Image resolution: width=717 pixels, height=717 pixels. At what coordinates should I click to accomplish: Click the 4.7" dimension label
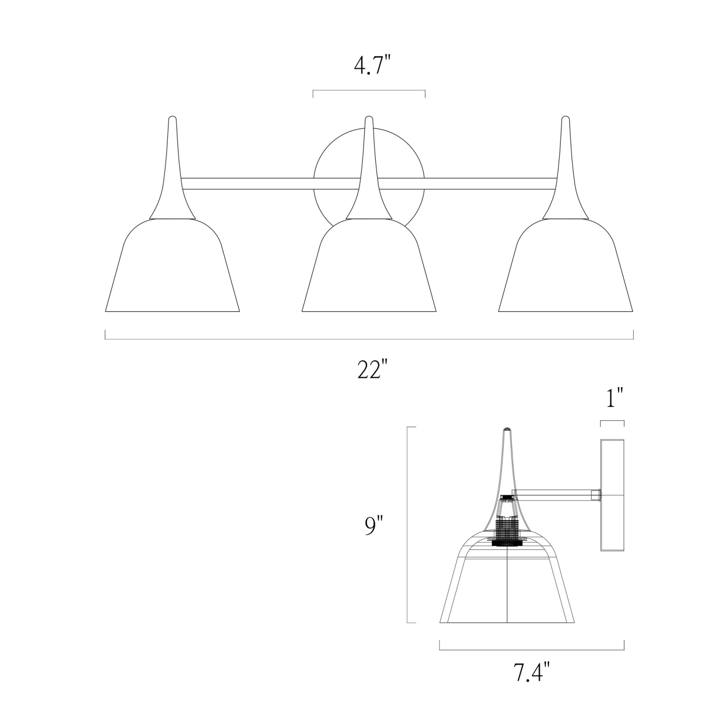pyautogui.click(x=369, y=66)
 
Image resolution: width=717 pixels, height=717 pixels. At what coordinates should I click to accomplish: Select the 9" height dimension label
pyautogui.click(x=374, y=526)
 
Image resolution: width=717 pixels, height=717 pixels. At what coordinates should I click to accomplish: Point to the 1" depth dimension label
pyautogui.click(x=615, y=398)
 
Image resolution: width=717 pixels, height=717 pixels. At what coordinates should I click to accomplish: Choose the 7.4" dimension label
pyautogui.click(x=530, y=674)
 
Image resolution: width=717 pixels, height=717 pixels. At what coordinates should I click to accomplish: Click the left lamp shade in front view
pyautogui.click(x=172, y=266)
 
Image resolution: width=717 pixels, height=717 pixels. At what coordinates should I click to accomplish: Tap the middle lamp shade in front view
pyautogui.click(x=369, y=266)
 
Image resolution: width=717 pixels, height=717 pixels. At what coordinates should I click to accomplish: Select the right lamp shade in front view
pyautogui.click(x=565, y=266)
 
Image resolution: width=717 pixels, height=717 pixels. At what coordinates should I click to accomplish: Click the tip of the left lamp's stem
pyautogui.click(x=172, y=117)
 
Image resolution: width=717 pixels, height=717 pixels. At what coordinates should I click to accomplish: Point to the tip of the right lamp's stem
pyautogui.click(x=565, y=117)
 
